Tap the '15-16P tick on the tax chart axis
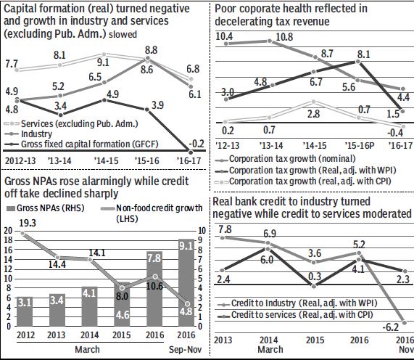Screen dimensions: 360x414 point(357,144)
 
